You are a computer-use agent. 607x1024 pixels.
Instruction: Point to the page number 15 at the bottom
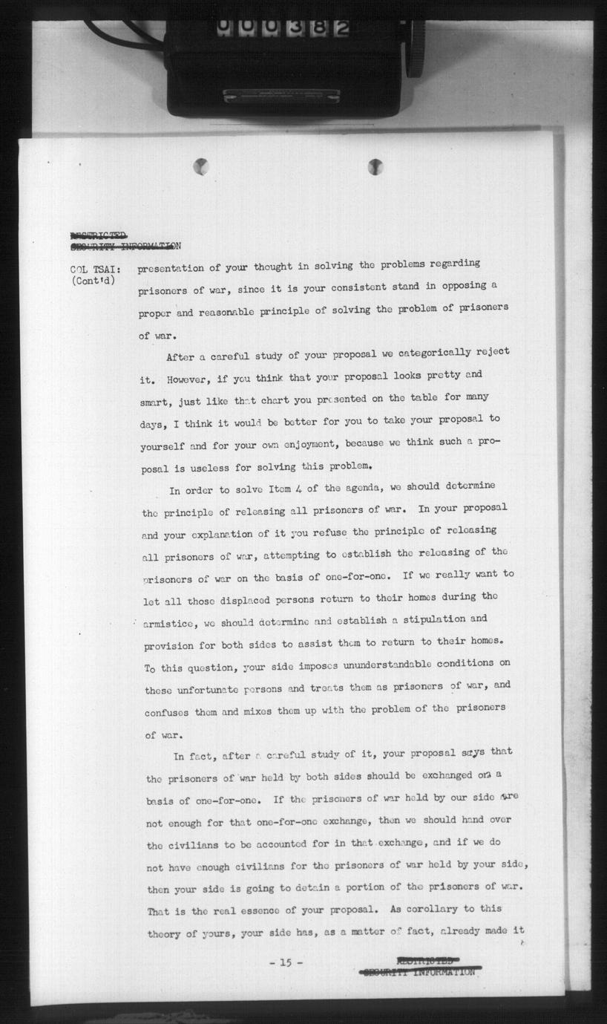coord(285,962)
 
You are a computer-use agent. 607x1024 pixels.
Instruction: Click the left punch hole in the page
coord(200,166)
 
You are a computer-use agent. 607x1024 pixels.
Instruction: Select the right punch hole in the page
coord(375,166)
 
